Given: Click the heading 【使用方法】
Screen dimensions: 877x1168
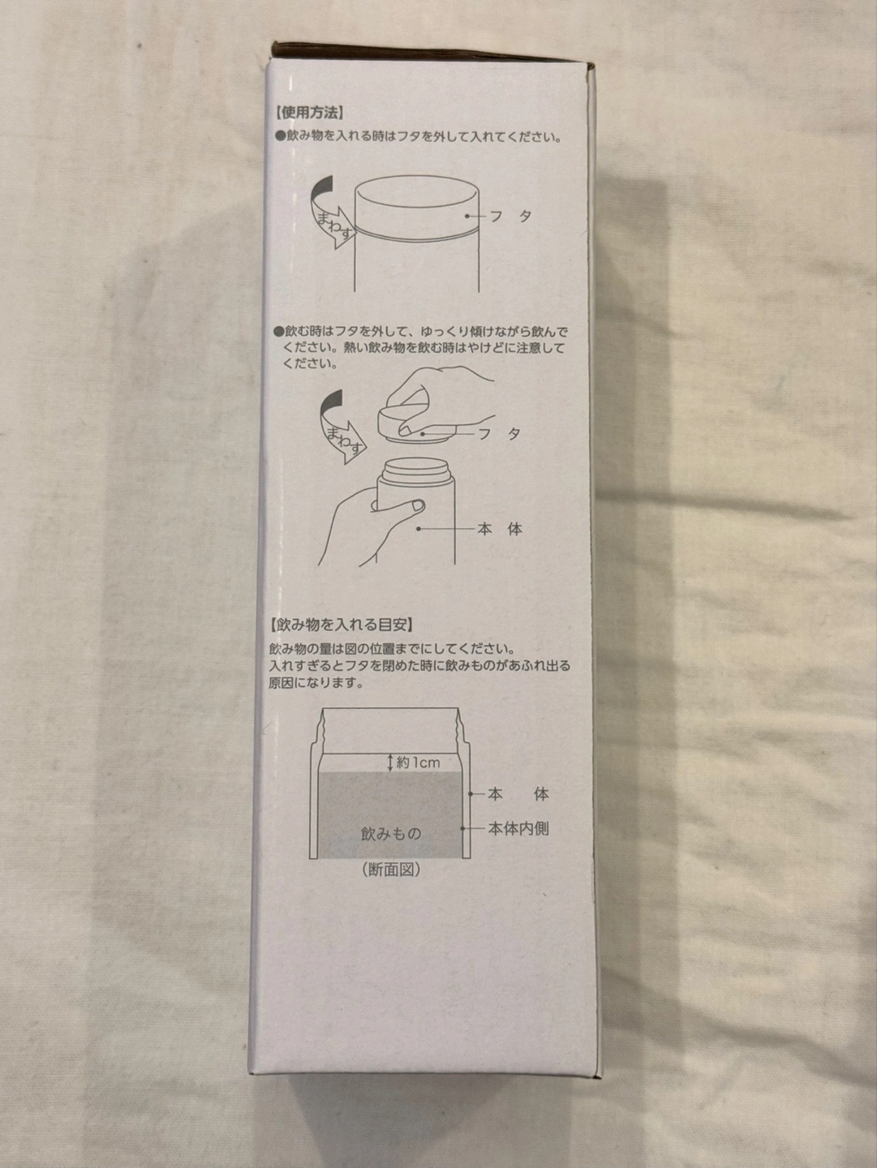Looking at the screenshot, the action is pos(309,113).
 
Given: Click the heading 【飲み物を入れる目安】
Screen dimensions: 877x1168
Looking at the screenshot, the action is pos(341,625).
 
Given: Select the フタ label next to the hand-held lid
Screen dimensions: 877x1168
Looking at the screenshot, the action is pos(500,434).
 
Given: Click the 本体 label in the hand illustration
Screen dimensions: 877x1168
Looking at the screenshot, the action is pos(500,529).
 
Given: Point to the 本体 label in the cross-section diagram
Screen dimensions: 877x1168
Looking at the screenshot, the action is pos(518,794).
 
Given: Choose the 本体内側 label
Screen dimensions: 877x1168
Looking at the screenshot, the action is pos(518,828).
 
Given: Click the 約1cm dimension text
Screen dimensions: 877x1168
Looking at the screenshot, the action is pos(419,762).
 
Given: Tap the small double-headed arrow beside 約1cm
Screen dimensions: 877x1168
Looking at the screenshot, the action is pos(390,762).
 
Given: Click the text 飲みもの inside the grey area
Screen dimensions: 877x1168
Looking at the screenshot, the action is pos(391,834).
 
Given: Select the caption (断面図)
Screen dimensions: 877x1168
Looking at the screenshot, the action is pos(391,870).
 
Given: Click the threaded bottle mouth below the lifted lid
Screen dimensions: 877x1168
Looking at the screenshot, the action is pos(416,468).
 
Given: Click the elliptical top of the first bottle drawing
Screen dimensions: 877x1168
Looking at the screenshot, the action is pos(417,192).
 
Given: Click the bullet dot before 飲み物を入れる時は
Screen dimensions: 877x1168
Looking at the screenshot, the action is pos(279,137).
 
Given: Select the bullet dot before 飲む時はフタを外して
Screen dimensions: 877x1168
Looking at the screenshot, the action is pos(278,332).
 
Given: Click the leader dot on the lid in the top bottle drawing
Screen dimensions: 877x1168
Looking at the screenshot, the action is pos(466,216).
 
